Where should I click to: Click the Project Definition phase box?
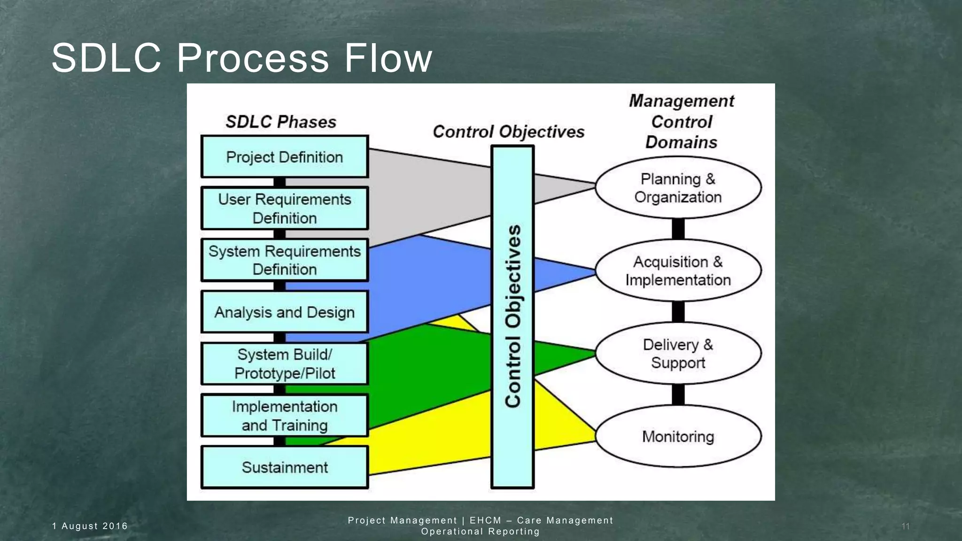[285, 157]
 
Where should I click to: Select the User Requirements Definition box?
[285, 209]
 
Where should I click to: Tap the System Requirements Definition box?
[285, 260]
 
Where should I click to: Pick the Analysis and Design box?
[285, 312]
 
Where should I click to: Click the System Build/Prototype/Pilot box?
[285, 363]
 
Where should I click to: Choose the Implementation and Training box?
[285, 416]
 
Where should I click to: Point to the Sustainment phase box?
[285, 467]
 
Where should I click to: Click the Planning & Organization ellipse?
[678, 188]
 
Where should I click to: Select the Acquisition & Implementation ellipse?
[678, 270]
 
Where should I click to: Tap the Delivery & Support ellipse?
[678, 353]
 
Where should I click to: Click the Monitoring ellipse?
[678, 436]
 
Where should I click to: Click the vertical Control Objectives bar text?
[512, 316]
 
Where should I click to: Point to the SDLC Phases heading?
[281, 122]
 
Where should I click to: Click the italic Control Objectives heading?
[508, 132]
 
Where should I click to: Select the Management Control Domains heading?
[681, 122]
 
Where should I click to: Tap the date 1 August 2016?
[90, 526]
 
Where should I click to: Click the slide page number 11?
[905, 526]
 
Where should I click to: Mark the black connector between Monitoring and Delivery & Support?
[678, 394]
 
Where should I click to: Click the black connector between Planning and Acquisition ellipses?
[678, 229]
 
